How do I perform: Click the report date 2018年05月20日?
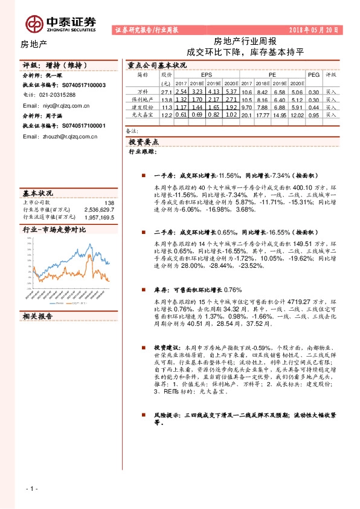[314, 29]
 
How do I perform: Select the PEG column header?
[313, 74]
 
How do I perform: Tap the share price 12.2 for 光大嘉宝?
[167, 114]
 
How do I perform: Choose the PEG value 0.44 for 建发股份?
[313, 106]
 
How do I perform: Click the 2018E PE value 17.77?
[261, 114]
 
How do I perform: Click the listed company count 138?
[109, 203]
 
